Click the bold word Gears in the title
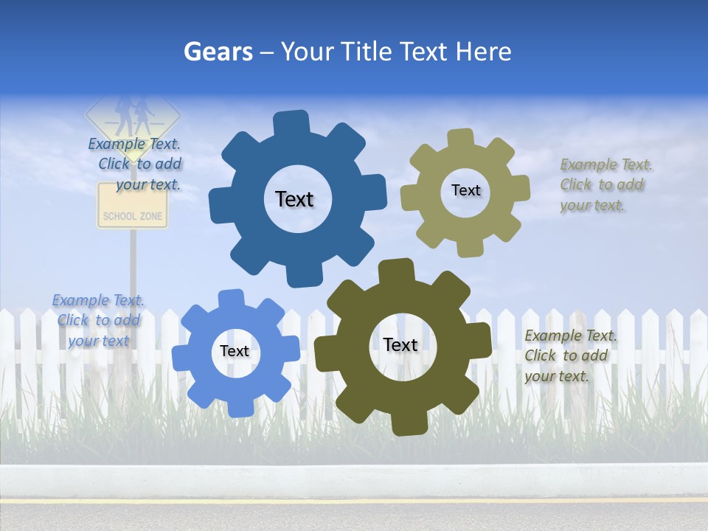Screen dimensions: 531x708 point(218,52)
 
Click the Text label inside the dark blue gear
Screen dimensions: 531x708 point(294,199)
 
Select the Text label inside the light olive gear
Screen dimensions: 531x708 point(465,190)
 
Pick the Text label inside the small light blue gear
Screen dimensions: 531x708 point(235,351)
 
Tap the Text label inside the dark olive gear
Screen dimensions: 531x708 point(400,344)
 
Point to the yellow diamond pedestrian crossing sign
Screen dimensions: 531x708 point(133,113)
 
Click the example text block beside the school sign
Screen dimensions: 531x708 point(137,164)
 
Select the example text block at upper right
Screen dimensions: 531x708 point(605,185)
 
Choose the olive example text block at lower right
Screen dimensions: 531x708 point(569,355)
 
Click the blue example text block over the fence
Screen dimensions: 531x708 point(97,320)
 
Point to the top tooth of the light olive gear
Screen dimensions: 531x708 point(460,139)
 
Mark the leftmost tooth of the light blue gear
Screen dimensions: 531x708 point(182,357)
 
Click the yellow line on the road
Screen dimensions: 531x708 point(354,499)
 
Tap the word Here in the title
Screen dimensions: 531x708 point(483,52)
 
